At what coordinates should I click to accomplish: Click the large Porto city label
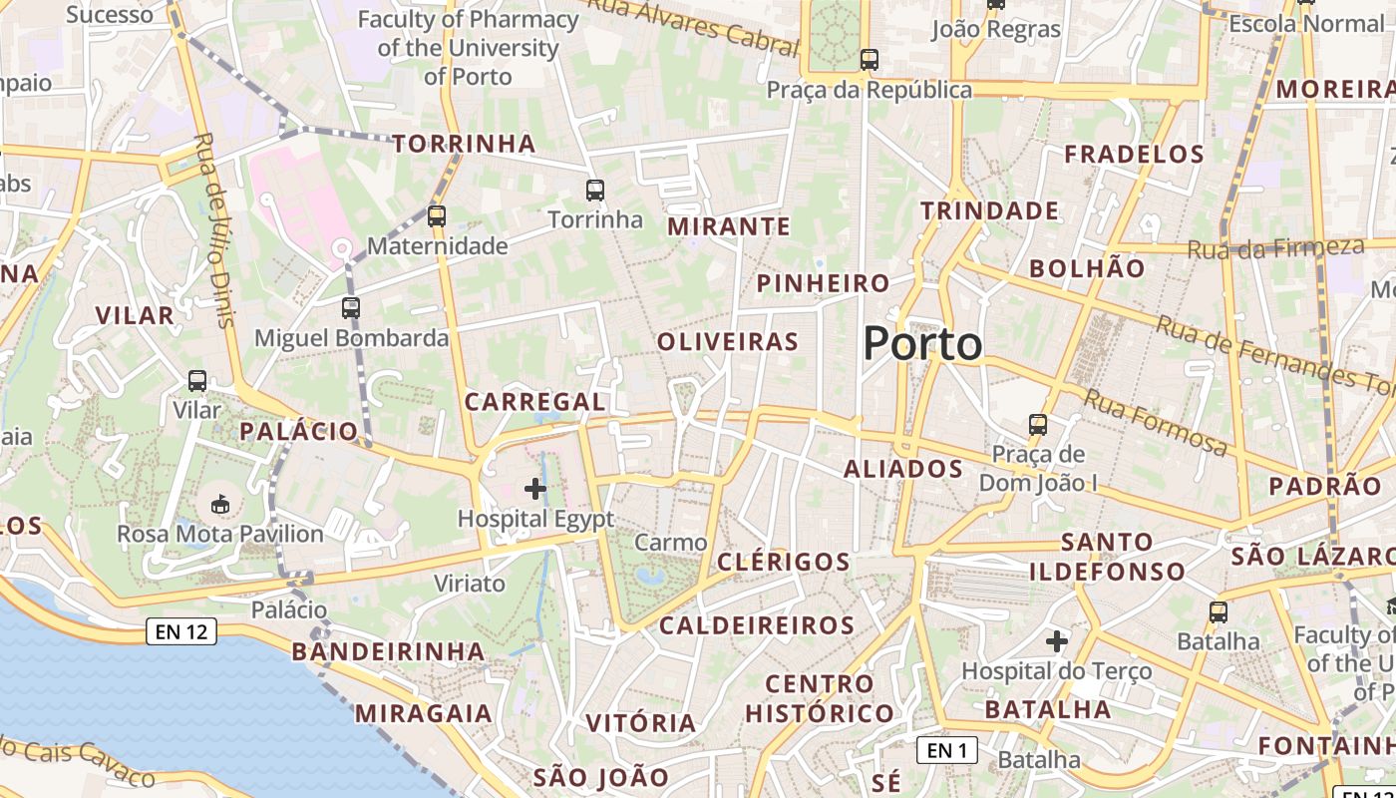coord(922,344)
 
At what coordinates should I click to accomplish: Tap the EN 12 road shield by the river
coord(181,630)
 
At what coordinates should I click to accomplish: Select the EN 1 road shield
coord(946,750)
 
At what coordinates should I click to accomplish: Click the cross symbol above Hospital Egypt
coord(535,488)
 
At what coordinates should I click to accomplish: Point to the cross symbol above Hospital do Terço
coord(1057,641)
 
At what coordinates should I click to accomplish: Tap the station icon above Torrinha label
coord(595,190)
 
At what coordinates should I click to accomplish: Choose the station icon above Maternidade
coord(437,215)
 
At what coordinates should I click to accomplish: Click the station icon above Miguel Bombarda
coord(350,307)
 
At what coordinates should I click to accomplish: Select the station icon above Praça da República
coord(870,60)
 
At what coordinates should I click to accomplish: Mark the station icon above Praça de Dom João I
coord(1038,425)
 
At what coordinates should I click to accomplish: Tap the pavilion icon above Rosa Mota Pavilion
coord(219,504)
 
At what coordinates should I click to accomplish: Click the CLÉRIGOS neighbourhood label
coord(784,562)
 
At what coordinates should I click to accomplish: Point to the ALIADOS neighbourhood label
coord(903,469)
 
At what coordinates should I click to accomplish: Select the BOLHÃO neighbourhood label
coord(1087,268)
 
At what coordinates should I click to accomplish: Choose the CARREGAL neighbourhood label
coord(534,402)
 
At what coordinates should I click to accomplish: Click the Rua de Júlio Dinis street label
coord(214,229)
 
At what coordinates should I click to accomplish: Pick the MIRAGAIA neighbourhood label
coord(423,714)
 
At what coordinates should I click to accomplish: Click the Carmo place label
coord(671,543)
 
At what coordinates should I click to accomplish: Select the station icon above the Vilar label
coord(197,380)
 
